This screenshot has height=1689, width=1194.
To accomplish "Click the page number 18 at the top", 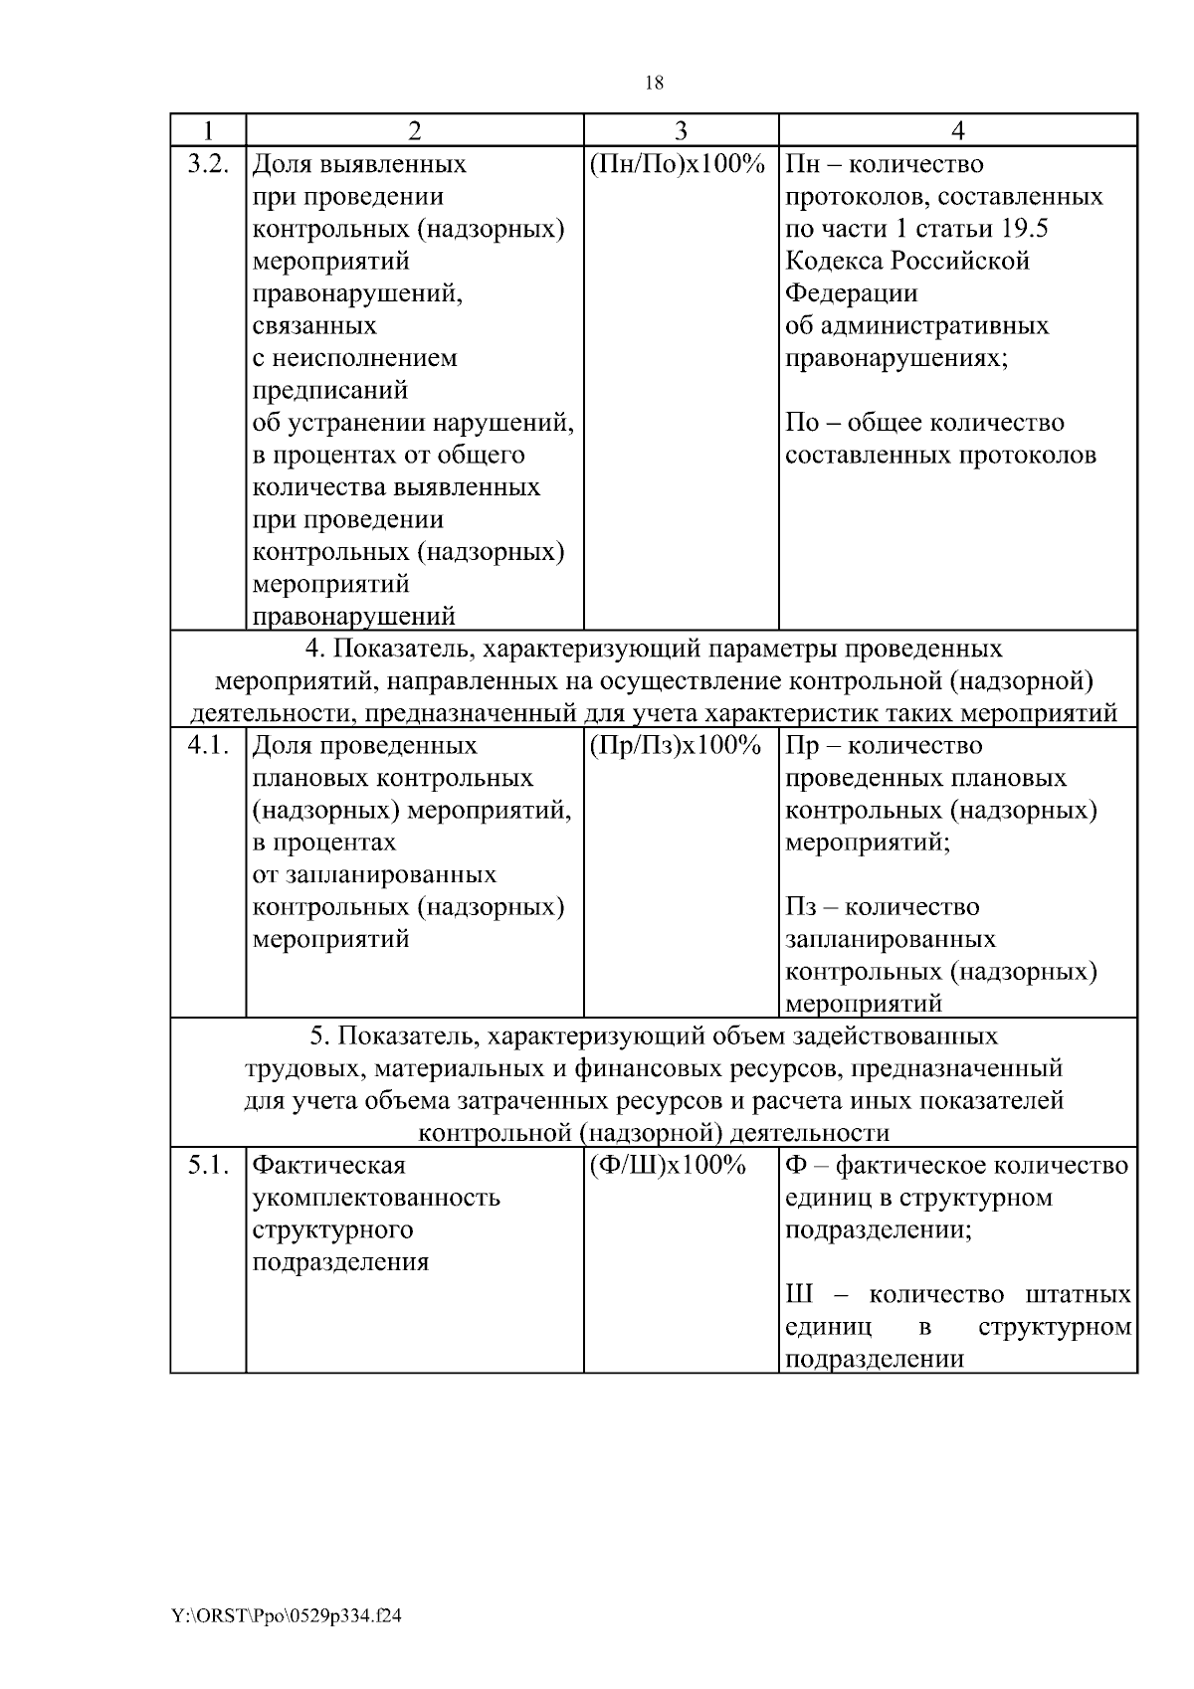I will coord(654,84).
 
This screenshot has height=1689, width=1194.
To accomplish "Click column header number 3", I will coord(681,130).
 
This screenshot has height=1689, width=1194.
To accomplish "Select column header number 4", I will coord(957,130).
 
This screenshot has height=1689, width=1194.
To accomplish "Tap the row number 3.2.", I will coord(208,164).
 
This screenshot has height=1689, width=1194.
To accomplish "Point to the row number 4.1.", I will coord(208,746).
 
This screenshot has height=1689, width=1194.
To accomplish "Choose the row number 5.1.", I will coord(208,1165).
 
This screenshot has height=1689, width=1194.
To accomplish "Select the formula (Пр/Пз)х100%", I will coord(676,746).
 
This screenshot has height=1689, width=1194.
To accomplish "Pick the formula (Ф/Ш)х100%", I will coord(668,1165).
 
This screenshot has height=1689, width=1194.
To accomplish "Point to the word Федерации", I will coord(852,293).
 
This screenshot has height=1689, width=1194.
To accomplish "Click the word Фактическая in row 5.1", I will coord(329,1165).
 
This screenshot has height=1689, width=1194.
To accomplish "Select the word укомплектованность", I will coord(376,1198).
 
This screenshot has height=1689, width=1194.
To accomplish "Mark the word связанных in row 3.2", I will coord(314,326).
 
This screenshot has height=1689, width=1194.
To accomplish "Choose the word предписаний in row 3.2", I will coord(330,391).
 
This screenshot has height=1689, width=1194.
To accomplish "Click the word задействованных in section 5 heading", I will coord(895,1036).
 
